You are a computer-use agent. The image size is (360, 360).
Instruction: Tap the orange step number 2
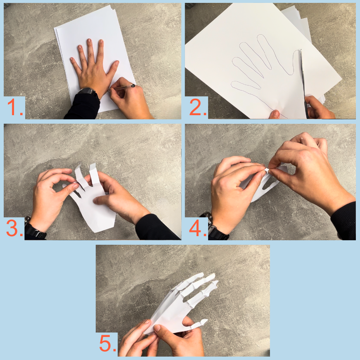pos(197,107)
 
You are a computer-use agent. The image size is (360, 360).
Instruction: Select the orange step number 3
pos(14,228)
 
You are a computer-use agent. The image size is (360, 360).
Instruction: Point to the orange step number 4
pos(197,228)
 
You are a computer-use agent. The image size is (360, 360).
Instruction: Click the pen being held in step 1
pos(122,87)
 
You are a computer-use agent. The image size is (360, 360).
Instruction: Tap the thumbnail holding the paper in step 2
pos(276,113)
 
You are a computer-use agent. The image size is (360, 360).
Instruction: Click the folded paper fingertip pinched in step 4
pos(267,171)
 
